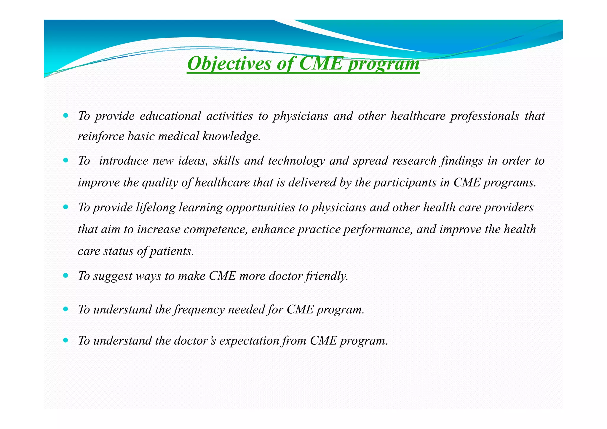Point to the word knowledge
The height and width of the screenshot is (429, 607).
231,136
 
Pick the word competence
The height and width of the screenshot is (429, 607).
215,229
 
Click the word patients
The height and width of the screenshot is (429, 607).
172,251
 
